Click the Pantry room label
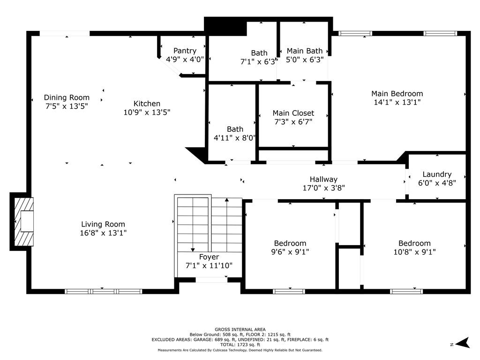[185, 51]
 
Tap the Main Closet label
[293, 113]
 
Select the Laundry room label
[437, 174]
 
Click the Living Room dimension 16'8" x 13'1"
[103, 233]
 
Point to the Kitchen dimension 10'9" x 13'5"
[147, 112]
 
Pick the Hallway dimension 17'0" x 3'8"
[323, 188]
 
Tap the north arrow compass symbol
[462, 343]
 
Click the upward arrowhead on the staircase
[227, 200]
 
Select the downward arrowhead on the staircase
[193, 249]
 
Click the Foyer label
[209, 257]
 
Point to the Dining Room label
[67, 97]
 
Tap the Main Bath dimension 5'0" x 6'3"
[305, 60]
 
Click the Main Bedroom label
[397, 94]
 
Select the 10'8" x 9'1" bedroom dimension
[414, 252]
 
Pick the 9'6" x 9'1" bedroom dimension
[290, 252]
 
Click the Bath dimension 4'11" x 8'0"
[234, 138]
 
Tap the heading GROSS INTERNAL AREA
[240, 330]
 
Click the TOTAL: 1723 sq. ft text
[240, 345]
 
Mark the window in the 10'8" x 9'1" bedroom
[406, 292]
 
